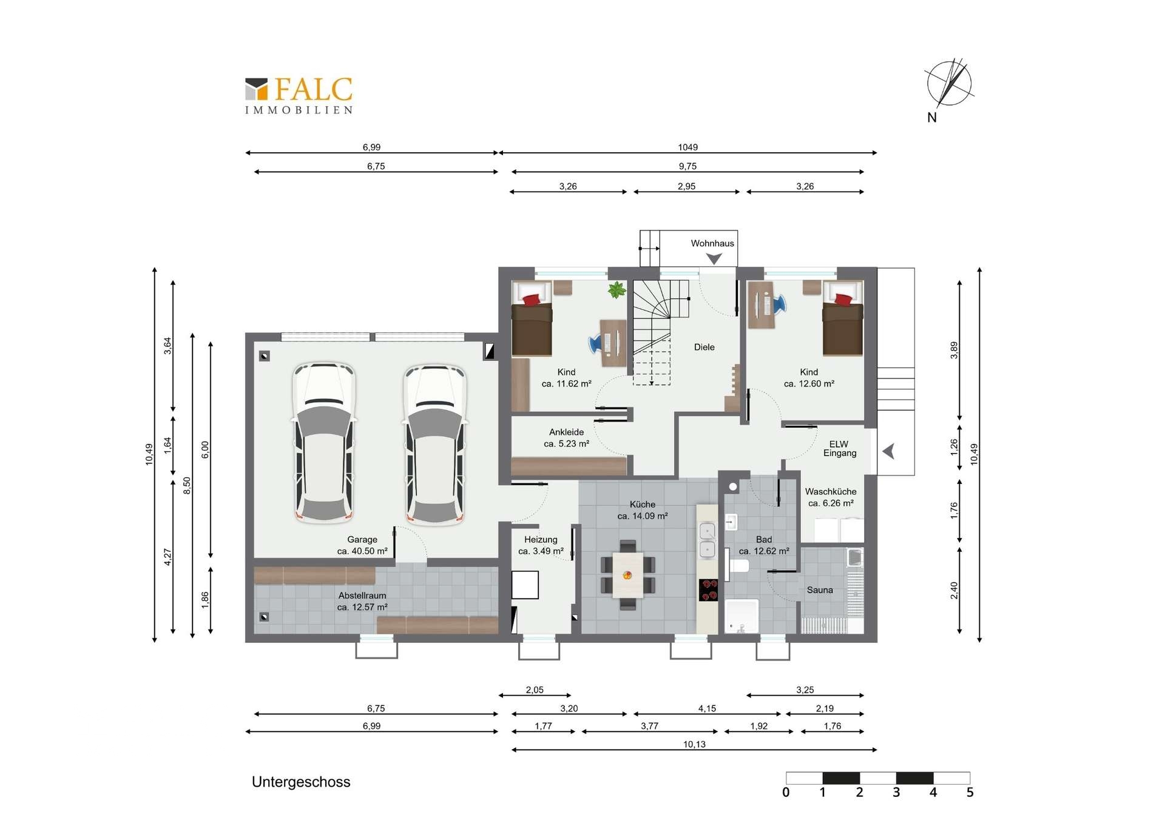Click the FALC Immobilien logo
pos(299,96)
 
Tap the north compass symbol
pos(948,85)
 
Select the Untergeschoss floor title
pos(301,782)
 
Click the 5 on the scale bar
pos(970,792)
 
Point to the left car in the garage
pos(324,443)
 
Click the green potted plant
pos(616,290)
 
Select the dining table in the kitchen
pos(628,574)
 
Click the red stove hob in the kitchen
pos(709,590)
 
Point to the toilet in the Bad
pos(737,565)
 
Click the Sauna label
pos(820,590)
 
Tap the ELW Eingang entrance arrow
pos(888,451)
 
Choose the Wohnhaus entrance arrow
pos(714,259)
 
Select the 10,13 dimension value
pos(694,744)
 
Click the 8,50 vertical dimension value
pos(187,485)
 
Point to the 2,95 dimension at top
pos(686,186)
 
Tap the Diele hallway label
pos(704,347)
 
